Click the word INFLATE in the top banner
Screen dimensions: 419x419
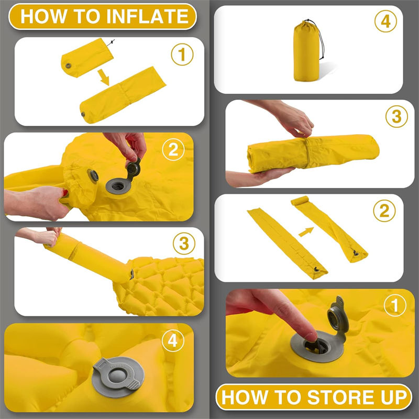[148, 16]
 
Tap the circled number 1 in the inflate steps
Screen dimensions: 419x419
[182, 54]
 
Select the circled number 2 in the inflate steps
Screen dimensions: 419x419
[173, 150]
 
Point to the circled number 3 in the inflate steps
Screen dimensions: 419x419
[184, 244]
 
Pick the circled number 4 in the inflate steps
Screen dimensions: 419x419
[173, 341]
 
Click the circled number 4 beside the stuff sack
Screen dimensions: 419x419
[385, 21]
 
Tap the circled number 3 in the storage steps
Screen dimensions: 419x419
[396, 116]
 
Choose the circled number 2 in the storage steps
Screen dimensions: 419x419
[384, 211]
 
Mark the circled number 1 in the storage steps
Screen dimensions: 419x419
[395, 305]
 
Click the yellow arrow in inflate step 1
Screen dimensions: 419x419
[104, 77]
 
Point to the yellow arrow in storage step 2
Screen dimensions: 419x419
[306, 231]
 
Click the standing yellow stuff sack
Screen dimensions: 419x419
[306, 51]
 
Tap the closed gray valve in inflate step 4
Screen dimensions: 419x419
[118, 377]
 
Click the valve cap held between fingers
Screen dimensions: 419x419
[133, 169]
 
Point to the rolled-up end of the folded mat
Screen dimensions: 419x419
[300, 201]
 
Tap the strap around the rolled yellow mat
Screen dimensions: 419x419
[307, 153]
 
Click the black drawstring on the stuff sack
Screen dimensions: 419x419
[319, 37]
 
